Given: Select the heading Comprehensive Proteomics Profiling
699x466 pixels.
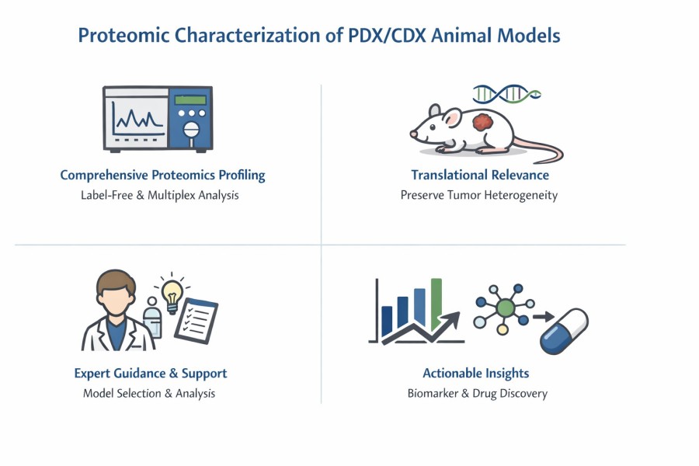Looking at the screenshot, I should (x=162, y=175).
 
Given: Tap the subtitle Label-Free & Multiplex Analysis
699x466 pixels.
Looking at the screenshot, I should (x=160, y=195).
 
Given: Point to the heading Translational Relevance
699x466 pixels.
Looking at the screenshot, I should (x=480, y=175).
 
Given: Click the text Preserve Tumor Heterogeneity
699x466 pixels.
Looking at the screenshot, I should (x=479, y=195).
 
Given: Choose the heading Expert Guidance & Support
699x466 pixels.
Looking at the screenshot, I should (x=151, y=373).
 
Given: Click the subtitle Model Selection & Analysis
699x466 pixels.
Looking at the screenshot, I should (x=149, y=393).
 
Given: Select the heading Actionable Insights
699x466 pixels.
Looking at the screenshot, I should (x=476, y=373).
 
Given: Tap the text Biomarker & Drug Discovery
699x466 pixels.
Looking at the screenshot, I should (x=478, y=393).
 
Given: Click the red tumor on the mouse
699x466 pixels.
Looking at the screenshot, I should (x=484, y=123).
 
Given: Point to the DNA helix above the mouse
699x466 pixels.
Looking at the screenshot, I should (x=506, y=93).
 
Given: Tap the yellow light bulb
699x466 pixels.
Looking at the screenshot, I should (x=171, y=292).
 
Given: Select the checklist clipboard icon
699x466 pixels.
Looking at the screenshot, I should (x=196, y=320).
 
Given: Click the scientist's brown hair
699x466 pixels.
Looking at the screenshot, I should (x=117, y=280).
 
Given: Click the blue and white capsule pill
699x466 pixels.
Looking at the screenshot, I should (x=564, y=330).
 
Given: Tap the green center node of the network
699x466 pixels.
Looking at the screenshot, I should (x=506, y=308).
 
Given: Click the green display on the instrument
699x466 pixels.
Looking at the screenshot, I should (x=190, y=99).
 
